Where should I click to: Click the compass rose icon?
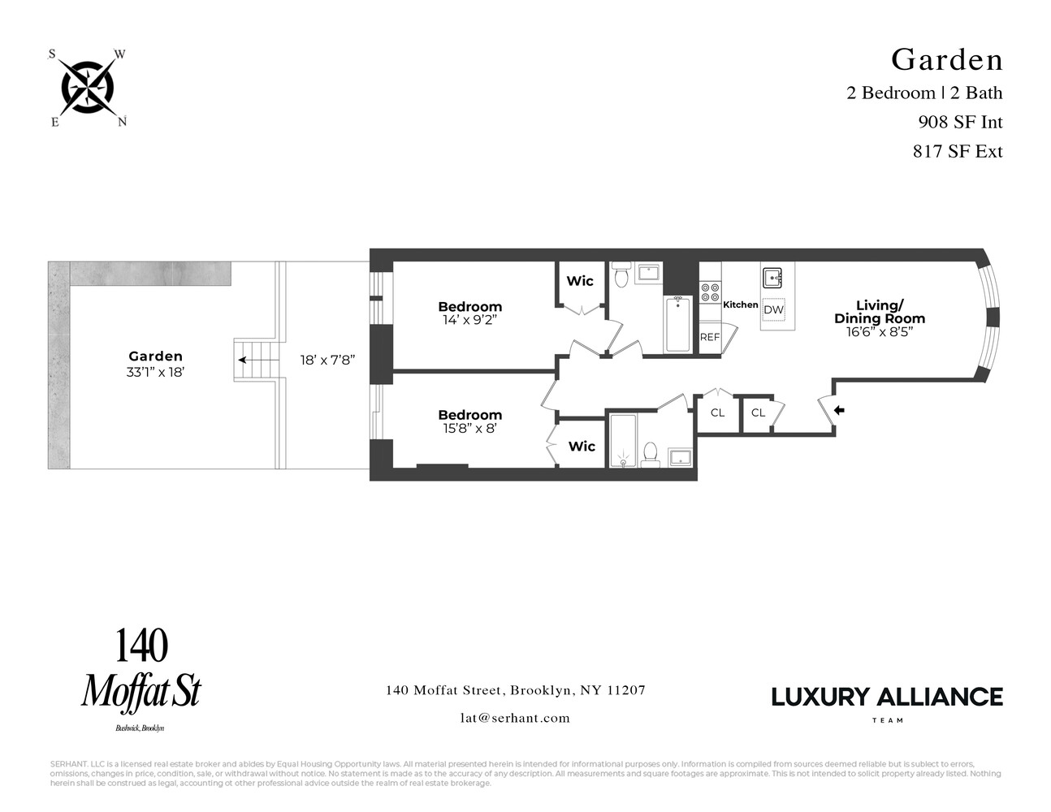(x=88, y=88)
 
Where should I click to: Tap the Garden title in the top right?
(x=946, y=59)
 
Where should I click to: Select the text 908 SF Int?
(x=960, y=122)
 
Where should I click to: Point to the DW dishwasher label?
(x=773, y=310)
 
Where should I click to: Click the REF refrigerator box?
(x=710, y=336)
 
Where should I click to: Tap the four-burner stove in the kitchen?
(x=710, y=292)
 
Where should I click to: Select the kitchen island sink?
(x=772, y=279)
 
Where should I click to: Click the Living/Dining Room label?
(x=879, y=312)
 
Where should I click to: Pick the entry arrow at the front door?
(x=839, y=411)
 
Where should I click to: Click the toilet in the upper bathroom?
(x=621, y=278)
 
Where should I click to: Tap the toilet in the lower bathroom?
(x=651, y=453)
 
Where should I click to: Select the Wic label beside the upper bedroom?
(x=580, y=281)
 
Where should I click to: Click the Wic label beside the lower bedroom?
(x=582, y=446)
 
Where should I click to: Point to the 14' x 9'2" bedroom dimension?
(x=469, y=320)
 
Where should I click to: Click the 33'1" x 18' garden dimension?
(x=155, y=372)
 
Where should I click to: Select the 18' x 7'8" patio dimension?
(x=327, y=360)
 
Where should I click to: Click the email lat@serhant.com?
(x=515, y=718)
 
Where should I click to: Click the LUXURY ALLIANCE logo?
(x=886, y=698)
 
